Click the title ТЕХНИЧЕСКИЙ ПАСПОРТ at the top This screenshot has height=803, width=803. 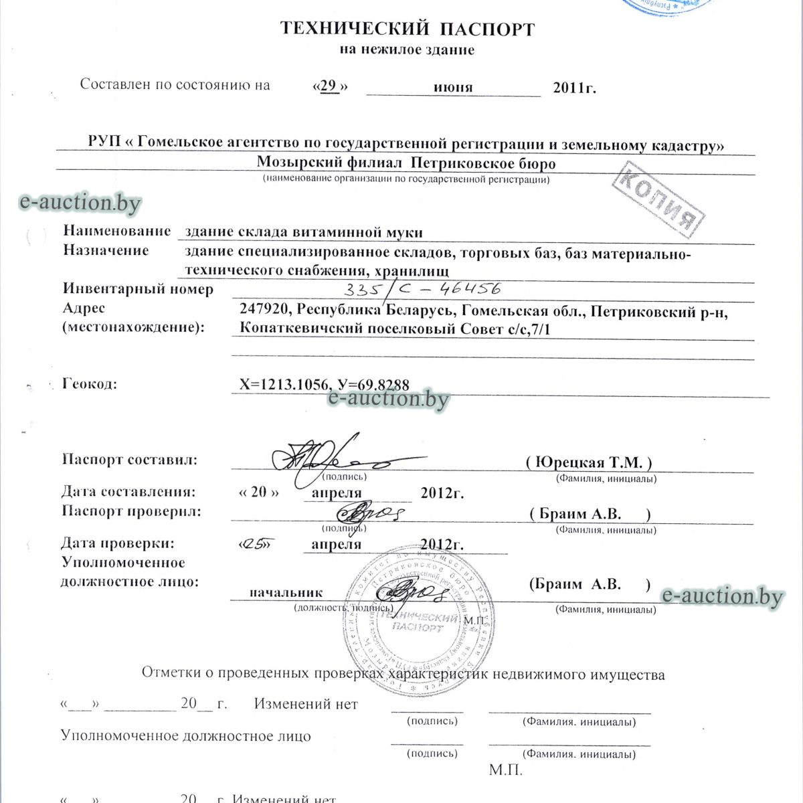pos(407,29)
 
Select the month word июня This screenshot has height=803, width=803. pos(453,87)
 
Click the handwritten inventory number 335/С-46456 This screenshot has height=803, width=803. pos(422,289)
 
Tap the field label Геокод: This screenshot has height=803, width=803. pos(90,384)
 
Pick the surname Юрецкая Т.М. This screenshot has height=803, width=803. pos(589,462)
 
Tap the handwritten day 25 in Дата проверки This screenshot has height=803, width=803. pos(257,544)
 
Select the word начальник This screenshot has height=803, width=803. pos(286,592)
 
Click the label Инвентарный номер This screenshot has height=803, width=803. pos(139,289)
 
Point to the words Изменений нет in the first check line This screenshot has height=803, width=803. pos(306,704)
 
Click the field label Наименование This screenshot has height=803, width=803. pos(117,231)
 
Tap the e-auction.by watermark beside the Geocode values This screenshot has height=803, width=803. pos(388,399)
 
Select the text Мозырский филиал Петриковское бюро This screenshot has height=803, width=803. pos(406,163)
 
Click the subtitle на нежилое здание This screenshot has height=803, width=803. pos(407,50)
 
